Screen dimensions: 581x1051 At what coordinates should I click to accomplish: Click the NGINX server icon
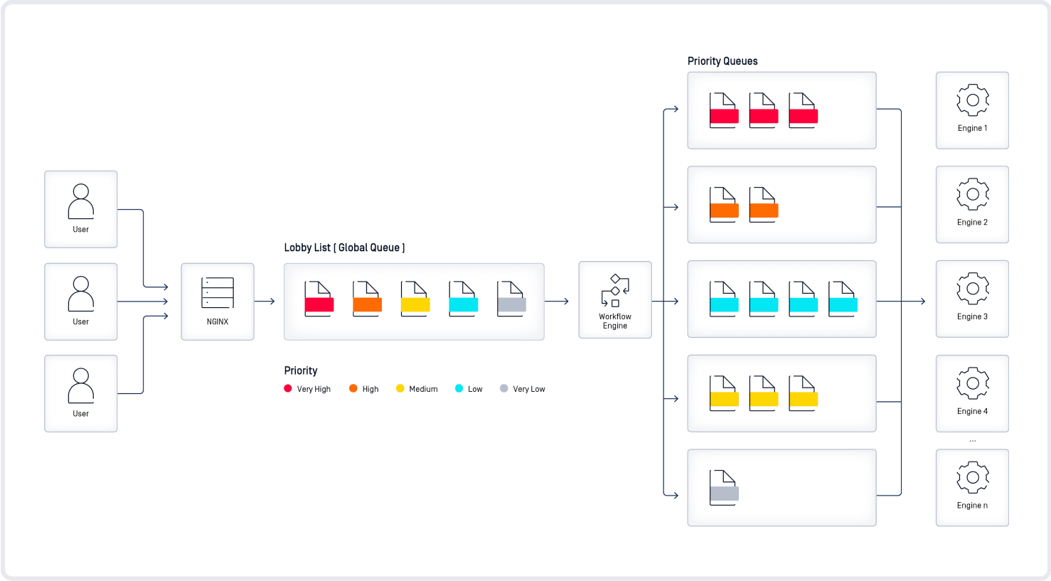click(x=218, y=292)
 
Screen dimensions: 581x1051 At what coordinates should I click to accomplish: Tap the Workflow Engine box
click(x=615, y=300)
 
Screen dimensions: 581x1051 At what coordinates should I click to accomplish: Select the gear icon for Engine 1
click(x=972, y=100)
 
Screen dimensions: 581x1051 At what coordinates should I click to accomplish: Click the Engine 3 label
click(x=972, y=316)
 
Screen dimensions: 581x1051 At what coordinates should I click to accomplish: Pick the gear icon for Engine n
click(x=972, y=478)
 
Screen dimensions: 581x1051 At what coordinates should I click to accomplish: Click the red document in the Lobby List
click(x=319, y=299)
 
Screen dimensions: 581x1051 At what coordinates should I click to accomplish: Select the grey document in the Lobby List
click(x=511, y=299)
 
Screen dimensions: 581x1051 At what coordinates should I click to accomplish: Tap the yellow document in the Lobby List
click(x=415, y=299)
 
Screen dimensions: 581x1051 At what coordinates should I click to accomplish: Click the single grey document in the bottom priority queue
click(x=724, y=488)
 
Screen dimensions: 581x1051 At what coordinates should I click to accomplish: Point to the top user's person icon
click(x=81, y=201)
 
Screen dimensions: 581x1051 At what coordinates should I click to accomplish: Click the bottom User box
click(x=81, y=393)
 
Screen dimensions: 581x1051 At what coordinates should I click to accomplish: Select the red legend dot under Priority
click(x=288, y=388)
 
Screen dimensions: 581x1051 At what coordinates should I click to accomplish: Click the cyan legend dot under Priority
click(x=459, y=388)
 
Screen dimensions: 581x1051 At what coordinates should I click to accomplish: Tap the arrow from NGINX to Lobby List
click(x=265, y=302)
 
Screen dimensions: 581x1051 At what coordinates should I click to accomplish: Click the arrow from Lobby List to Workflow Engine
click(x=558, y=302)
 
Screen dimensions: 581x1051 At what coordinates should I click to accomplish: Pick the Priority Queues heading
click(x=722, y=61)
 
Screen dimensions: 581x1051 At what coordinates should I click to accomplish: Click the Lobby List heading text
click(x=344, y=247)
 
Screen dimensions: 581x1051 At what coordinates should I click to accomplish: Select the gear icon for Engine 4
click(x=972, y=383)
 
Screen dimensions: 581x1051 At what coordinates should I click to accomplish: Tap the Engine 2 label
click(x=972, y=222)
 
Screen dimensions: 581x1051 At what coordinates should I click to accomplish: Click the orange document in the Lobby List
click(x=367, y=299)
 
